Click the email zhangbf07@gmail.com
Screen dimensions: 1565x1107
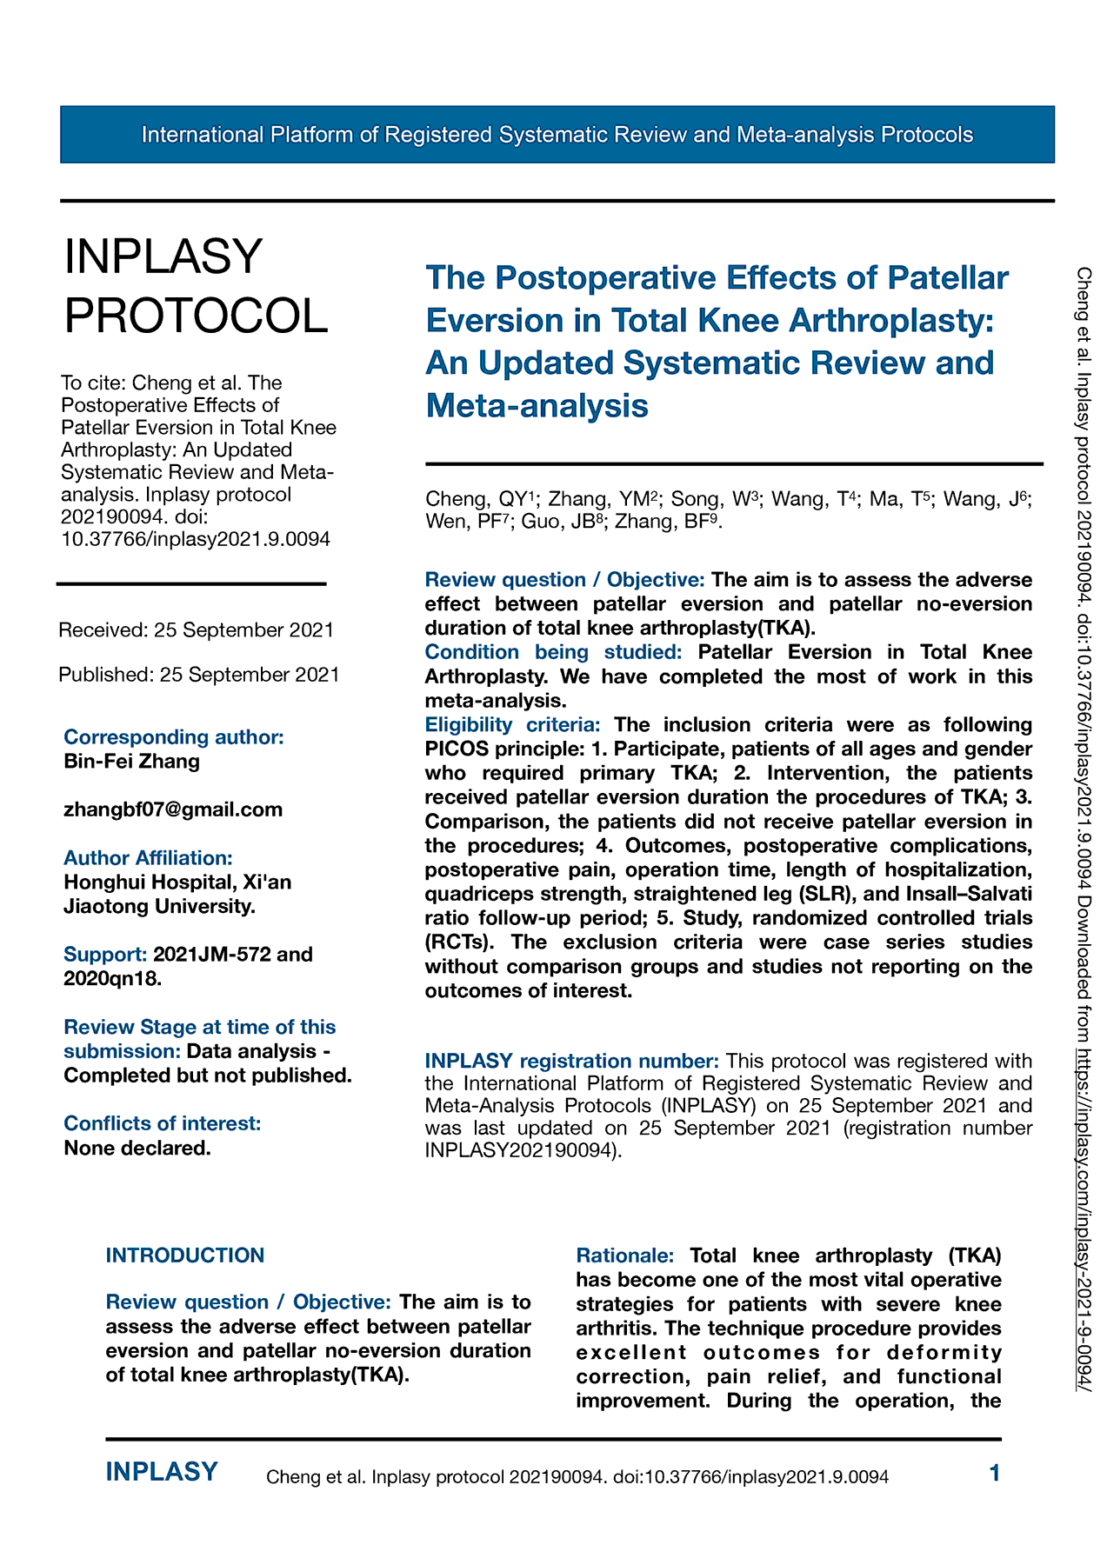point(173,809)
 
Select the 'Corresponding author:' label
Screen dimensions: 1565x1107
point(174,737)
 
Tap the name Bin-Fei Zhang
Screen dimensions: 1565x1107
point(132,762)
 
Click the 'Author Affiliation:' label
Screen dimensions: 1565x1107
point(148,858)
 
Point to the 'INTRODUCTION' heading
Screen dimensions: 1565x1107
point(185,1255)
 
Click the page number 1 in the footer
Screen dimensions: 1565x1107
point(995,1473)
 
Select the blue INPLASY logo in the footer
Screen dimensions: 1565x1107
point(162,1472)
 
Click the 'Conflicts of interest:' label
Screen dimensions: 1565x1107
point(163,1123)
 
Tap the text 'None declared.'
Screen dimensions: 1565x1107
point(137,1148)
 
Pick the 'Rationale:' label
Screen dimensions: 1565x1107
point(624,1255)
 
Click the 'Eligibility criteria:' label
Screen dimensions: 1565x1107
point(512,724)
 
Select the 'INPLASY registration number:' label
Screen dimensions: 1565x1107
point(571,1061)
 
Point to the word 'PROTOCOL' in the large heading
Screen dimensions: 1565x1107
point(197,315)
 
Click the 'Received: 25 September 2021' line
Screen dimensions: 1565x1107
point(197,629)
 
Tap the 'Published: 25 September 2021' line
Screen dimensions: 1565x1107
point(199,675)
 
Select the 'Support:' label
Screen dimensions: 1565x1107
point(105,954)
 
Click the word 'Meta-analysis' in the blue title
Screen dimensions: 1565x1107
point(537,405)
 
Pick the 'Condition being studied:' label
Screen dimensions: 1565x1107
point(552,652)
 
